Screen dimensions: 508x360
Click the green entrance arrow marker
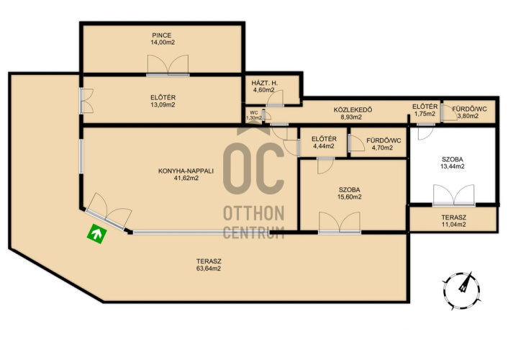point(97,233)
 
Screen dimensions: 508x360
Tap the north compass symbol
point(461,291)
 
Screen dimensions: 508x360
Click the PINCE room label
point(162,35)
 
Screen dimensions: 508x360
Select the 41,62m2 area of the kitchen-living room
point(186,178)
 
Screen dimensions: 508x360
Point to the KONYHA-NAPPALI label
point(186,171)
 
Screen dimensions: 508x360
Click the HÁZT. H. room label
point(264,83)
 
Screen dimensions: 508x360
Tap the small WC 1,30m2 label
point(254,115)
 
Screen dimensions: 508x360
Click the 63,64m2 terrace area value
point(209,269)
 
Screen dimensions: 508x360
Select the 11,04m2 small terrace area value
point(453,225)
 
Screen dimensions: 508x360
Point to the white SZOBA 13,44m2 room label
point(453,163)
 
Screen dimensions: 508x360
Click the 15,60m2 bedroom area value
point(349,197)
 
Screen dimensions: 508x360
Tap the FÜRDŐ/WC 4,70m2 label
point(384,144)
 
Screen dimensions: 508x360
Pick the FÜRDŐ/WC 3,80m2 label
point(469,112)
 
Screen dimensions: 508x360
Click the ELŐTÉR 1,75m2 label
point(425,110)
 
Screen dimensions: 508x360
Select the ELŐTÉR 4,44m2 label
point(324,143)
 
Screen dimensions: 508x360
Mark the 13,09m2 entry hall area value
point(163,104)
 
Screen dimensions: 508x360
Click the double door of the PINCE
point(168,65)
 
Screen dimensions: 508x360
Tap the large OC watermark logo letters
point(254,168)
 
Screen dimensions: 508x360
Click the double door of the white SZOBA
point(453,195)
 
